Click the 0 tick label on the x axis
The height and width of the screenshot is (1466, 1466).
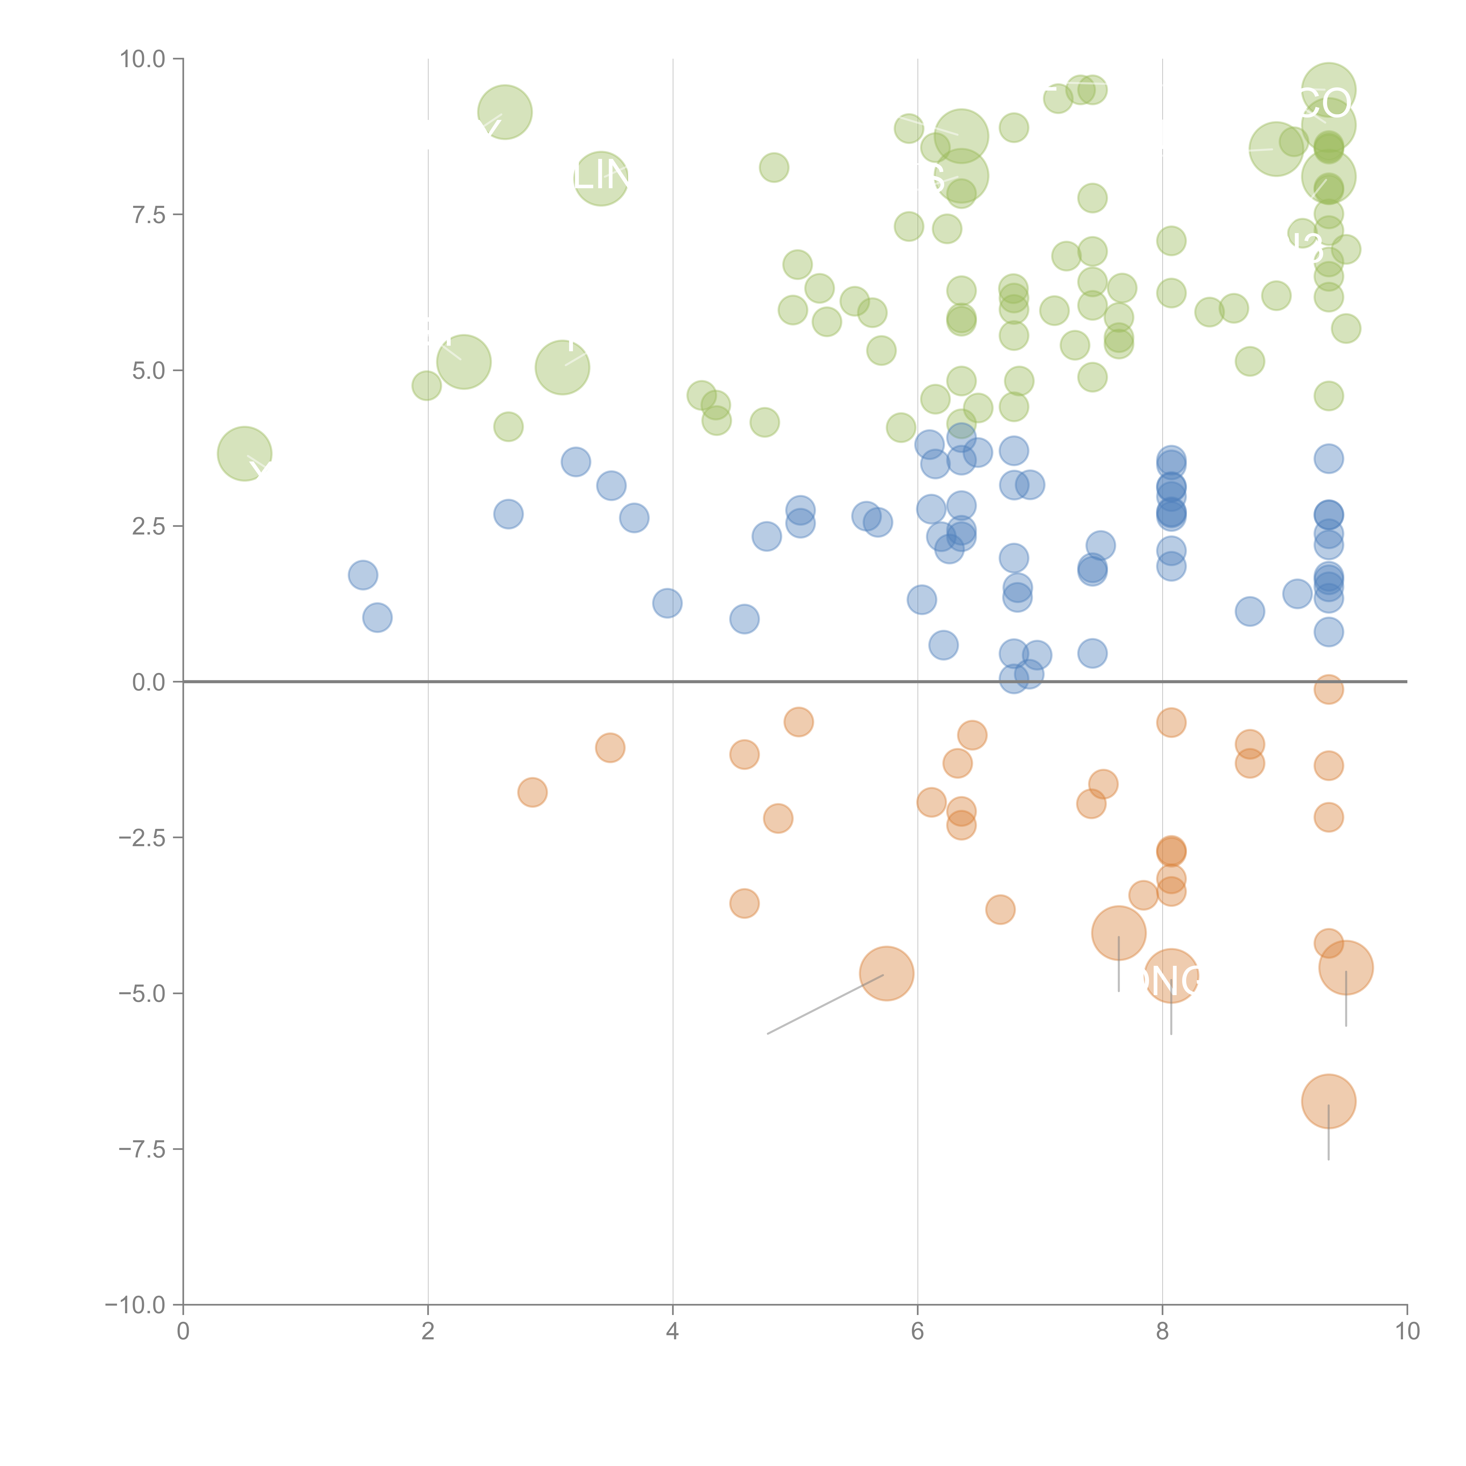tap(183, 1332)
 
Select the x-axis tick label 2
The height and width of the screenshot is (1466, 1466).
tap(428, 1332)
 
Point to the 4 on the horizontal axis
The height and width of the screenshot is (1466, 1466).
tap(673, 1332)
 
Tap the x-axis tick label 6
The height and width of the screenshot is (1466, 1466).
tap(917, 1332)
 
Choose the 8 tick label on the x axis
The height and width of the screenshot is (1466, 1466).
tap(1163, 1332)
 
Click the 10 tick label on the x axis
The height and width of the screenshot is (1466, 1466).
tap(1407, 1332)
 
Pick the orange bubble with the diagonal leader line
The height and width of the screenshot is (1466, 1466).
tap(886, 973)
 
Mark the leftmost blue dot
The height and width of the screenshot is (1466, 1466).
tap(363, 575)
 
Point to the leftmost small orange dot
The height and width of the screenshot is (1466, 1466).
tap(533, 793)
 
